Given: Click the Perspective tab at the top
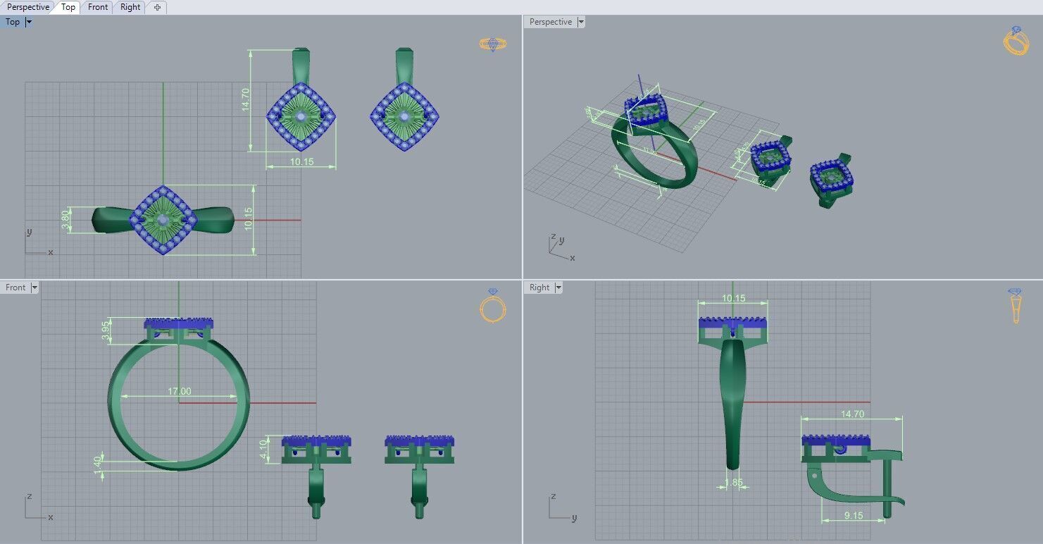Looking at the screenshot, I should click(x=28, y=7).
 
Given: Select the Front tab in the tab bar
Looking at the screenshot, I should click(x=98, y=7).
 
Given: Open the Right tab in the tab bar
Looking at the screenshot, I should click(x=130, y=7).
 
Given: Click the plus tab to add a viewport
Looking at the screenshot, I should click(x=157, y=7).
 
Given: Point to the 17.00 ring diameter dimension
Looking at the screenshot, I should click(x=179, y=391).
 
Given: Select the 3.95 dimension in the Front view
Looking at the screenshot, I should click(x=106, y=330).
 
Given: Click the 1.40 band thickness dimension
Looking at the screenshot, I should click(x=98, y=465).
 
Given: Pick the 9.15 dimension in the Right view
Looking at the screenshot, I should click(x=853, y=516).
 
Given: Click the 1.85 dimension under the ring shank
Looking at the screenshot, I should click(x=733, y=483).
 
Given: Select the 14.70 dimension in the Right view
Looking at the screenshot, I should click(x=852, y=414).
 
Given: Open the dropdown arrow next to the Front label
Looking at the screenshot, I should click(x=35, y=288).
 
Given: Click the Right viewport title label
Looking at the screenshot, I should click(x=539, y=288).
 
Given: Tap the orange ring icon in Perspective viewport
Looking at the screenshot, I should click(x=1016, y=41).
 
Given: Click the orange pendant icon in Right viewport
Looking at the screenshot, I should click(x=1015, y=306).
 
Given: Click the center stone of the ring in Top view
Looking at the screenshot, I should click(x=163, y=221).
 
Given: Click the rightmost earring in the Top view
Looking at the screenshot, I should click(x=404, y=116).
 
